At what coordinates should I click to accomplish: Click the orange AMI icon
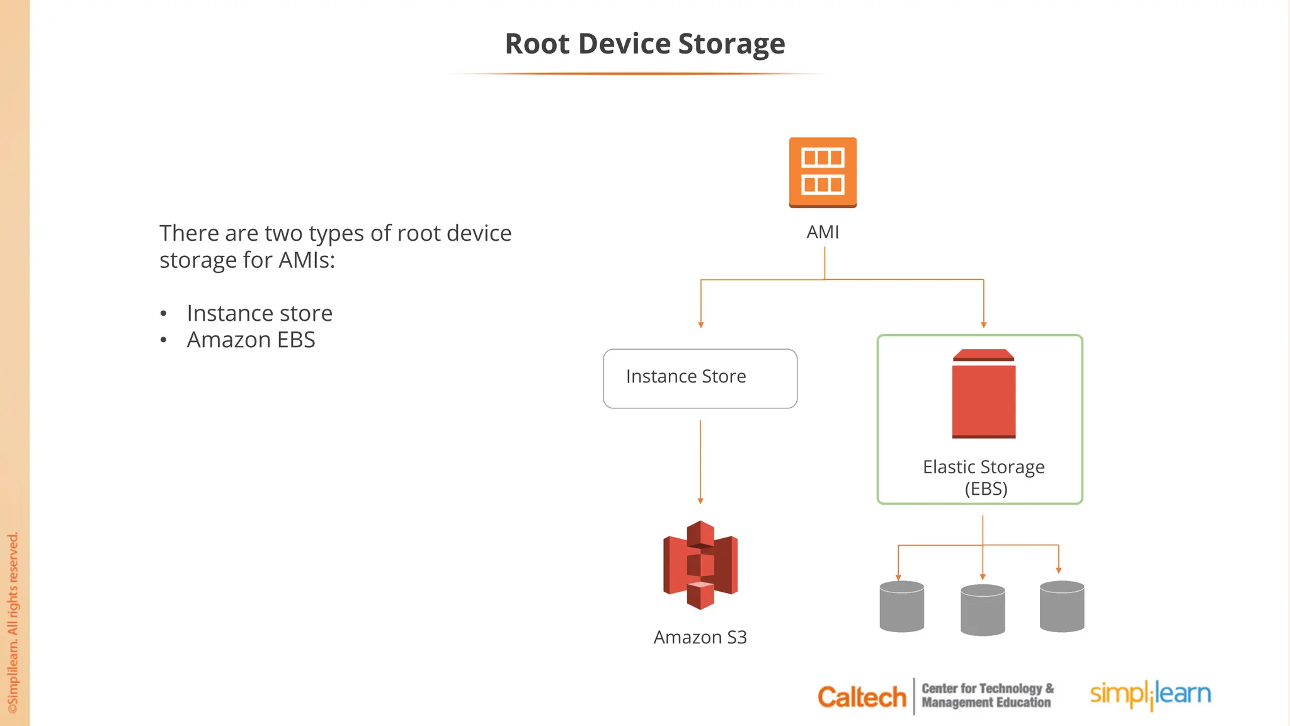pyautogui.click(x=823, y=172)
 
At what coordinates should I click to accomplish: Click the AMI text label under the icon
pyautogui.click(x=823, y=233)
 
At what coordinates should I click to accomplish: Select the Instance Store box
pyautogui.click(x=700, y=378)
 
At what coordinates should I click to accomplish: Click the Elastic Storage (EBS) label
pyautogui.click(x=984, y=478)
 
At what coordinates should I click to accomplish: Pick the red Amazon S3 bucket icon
pyautogui.click(x=700, y=565)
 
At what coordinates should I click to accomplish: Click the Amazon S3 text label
pyautogui.click(x=700, y=637)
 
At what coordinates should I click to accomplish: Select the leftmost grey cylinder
pyautogui.click(x=901, y=606)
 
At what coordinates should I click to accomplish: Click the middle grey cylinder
pyautogui.click(x=983, y=609)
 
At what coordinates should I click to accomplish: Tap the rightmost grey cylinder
pyautogui.click(x=1062, y=606)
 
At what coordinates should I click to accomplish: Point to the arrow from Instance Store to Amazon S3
pyautogui.click(x=700, y=460)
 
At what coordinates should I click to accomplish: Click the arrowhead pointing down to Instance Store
pyautogui.click(x=700, y=325)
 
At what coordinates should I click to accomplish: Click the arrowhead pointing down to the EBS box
pyautogui.click(x=983, y=325)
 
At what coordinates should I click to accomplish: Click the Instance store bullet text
pyautogui.click(x=260, y=313)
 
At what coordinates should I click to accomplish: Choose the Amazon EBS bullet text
pyautogui.click(x=251, y=340)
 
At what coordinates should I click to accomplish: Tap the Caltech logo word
pyautogui.click(x=861, y=697)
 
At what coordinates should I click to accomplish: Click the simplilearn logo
pyautogui.click(x=1150, y=694)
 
